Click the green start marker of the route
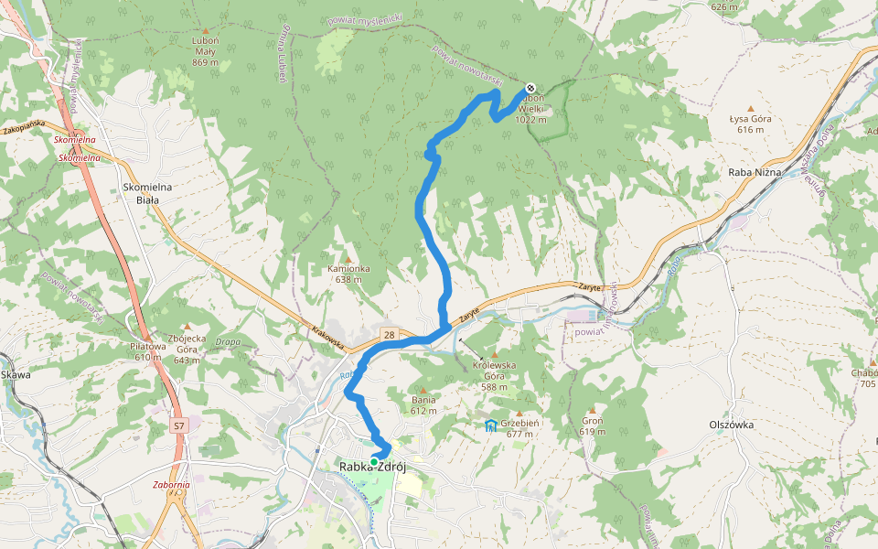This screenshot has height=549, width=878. pyautogui.click(x=374, y=462)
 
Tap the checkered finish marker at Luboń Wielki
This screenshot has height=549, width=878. pyautogui.click(x=530, y=89)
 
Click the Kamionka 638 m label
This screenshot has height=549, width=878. pyautogui.click(x=348, y=274)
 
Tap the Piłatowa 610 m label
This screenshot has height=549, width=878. pyautogui.click(x=148, y=351)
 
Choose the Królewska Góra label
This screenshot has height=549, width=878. pyautogui.click(x=495, y=375)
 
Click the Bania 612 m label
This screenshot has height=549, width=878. pyautogui.click(x=423, y=405)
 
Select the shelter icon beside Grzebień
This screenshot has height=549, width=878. pyautogui.click(x=491, y=425)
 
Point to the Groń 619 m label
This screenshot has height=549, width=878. pyautogui.click(x=593, y=425)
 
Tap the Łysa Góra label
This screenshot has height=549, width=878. pyautogui.click(x=751, y=124)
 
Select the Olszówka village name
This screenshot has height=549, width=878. pyautogui.click(x=732, y=425)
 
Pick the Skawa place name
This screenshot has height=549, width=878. pyautogui.click(x=16, y=375)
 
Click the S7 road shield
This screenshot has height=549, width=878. pyautogui.click(x=178, y=425)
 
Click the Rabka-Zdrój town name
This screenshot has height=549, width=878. pyautogui.click(x=373, y=468)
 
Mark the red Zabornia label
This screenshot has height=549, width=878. pyautogui.click(x=172, y=485)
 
